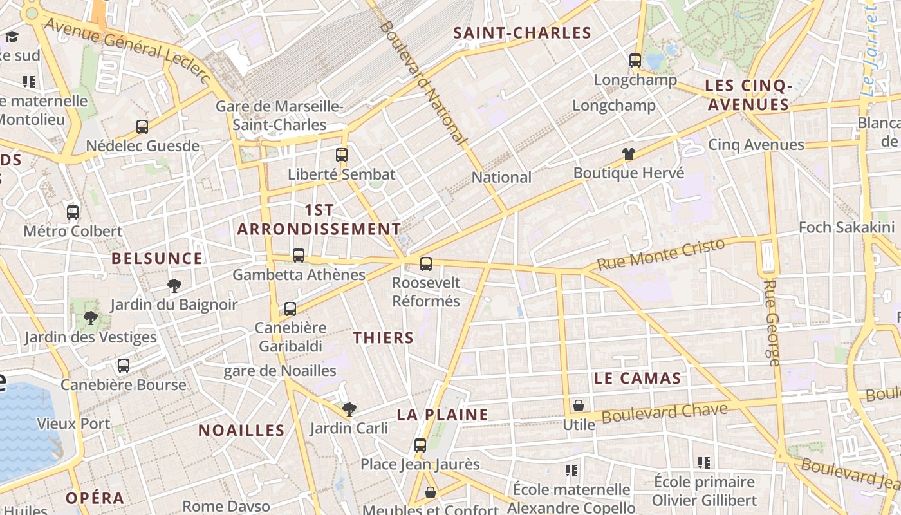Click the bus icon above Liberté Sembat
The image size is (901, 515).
pyautogui.click(x=342, y=154)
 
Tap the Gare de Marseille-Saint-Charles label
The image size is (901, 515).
pyautogui.click(x=279, y=116)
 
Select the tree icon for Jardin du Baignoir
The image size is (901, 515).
pyautogui.click(x=174, y=285)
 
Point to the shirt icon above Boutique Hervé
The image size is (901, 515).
pyautogui.click(x=629, y=154)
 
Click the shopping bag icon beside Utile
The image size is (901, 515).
pyautogui.click(x=579, y=406)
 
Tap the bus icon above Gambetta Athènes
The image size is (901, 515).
pyautogui.click(x=299, y=255)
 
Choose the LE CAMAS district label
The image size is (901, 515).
pyautogui.click(x=637, y=379)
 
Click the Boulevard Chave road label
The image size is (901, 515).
pyautogui.click(x=664, y=413)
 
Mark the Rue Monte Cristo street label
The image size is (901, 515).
pyautogui.click(x=660, y=254)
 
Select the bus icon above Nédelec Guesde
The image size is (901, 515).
pyautogui.click(x=142, y=126)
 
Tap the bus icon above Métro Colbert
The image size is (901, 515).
pyautogui.click(x=73, y=212)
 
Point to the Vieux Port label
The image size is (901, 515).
pyautogui.click(x=73, y=424)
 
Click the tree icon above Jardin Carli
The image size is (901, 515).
pyautogui.click(x=349, y=408)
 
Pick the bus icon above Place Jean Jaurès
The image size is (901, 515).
pyautogui.click(x=420, y=445)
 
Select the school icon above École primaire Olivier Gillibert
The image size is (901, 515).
pyautogui.click(x=704, y=462)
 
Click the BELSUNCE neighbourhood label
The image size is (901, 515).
pyautogui.click(x=157, y=259)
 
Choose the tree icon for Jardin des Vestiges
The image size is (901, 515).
pyautogui.click(x=91, y=317)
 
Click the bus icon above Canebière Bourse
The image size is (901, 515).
pyautogui.click(x=124, y=366)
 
